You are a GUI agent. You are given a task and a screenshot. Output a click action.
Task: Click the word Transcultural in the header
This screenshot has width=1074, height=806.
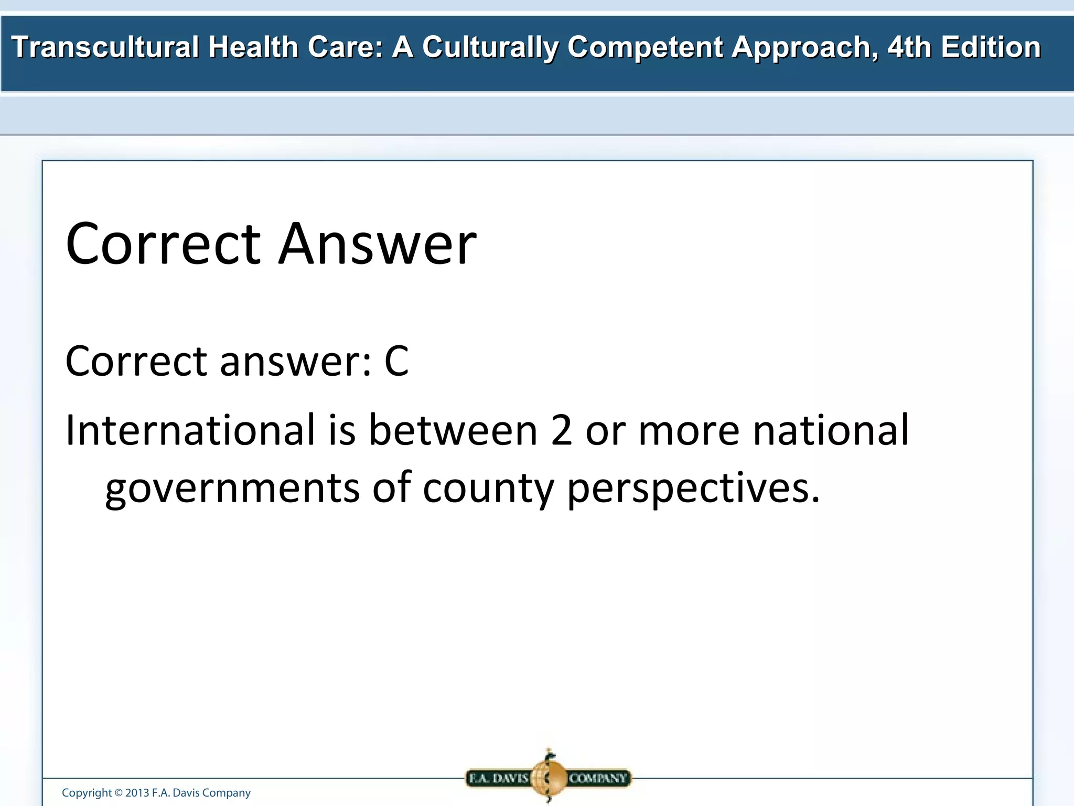click(105, 47)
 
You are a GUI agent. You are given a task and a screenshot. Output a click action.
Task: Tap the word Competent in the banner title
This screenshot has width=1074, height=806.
click(645, 47)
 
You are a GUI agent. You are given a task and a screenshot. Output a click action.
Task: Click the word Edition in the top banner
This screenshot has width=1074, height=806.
click(991, 47)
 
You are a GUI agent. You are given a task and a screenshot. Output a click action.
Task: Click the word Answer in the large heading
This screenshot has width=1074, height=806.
click(377, 244)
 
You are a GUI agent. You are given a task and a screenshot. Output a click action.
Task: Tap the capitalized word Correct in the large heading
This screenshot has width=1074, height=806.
click(163, 244)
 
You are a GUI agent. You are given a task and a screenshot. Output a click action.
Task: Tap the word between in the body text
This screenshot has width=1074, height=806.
click(453, 430)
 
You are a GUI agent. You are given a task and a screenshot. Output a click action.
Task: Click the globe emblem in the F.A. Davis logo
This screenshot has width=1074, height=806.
click(548, 777)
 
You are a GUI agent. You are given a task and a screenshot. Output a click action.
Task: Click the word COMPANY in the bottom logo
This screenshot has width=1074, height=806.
click(598, 778)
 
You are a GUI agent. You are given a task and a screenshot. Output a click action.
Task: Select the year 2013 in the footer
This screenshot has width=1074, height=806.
click(137, 793)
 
